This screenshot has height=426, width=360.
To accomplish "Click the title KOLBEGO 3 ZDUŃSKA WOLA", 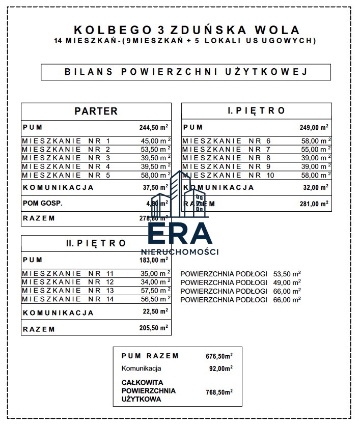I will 187,30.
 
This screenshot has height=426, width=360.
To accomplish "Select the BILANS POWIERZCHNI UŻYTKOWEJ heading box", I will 186,72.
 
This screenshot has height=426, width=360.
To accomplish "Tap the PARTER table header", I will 96,111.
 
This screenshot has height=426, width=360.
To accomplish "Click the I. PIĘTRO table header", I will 256,110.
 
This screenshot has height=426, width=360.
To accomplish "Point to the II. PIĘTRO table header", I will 96,243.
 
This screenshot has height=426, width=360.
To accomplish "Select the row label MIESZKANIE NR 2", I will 66,150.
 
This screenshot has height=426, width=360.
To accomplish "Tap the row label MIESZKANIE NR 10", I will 228,176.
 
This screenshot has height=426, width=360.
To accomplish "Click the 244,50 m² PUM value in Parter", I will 154,128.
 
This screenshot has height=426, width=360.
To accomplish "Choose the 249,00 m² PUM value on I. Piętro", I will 314,128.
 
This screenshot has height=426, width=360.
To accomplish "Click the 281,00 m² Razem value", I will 314,204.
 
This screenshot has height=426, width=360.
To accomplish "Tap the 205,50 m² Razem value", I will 154,329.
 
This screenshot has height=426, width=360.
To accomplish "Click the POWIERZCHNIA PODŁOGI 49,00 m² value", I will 287,282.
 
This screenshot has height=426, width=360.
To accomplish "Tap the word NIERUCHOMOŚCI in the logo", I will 180,251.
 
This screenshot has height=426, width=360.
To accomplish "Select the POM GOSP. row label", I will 43,203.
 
